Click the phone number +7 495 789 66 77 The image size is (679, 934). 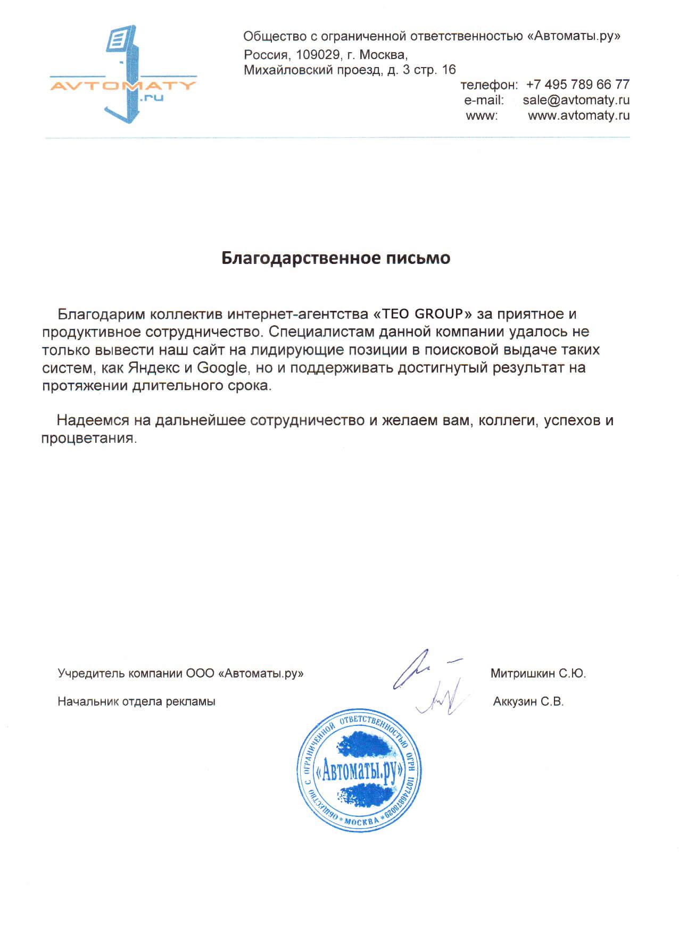point(577,85)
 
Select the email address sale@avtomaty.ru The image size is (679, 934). point(576,100)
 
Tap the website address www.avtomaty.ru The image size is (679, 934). point(578,115)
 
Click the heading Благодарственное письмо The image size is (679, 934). point(335,258)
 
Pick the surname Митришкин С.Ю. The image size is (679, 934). point(537,674)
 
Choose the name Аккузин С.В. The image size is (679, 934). point(528,701)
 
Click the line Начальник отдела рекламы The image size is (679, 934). point(136,701)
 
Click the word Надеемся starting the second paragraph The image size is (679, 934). point(93,420)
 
